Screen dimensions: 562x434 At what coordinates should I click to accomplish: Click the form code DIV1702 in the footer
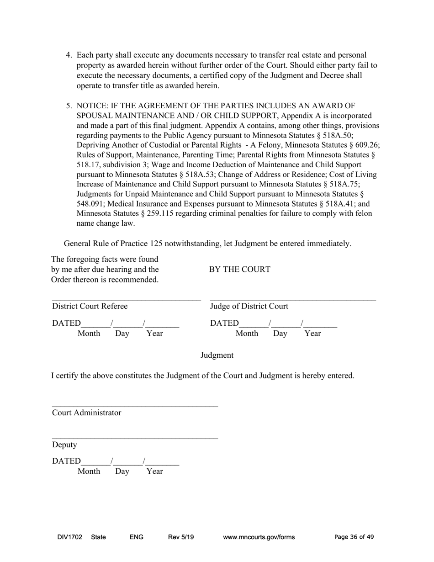pyautogui.click(x=70, y=537)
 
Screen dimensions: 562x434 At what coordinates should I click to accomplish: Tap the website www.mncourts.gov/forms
pyautogui.click(x=259, y=537)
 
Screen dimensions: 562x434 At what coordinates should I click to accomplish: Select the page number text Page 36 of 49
pyautogui.click(x=354, y=537)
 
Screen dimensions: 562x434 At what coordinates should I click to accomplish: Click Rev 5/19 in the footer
pyautogui.click(x=181, y=537)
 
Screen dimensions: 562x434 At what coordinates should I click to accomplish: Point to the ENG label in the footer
pyautogui.click(x=137, y=537)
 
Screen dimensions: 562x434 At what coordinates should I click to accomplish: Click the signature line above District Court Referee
pyautogui.click(x=126, y=299)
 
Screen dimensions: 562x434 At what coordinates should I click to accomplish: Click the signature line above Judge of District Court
pyautogui.click(x=292, y=299)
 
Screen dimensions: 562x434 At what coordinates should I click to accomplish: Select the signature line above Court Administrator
pyautogui.click(x=135, y=406)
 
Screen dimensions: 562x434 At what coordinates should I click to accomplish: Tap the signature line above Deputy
pyautogui.click(x=135, y=438)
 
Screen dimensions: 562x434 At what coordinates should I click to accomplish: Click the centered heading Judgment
pyautogui.click(x=217, y=355)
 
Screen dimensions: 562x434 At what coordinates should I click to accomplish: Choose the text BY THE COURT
pyautogui.click(x=239, y=270)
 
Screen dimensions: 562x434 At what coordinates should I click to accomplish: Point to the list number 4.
pyautogui.click(x=69, y=55)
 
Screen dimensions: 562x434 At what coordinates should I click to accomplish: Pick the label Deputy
pyautogui.click(x=64, y=445)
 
